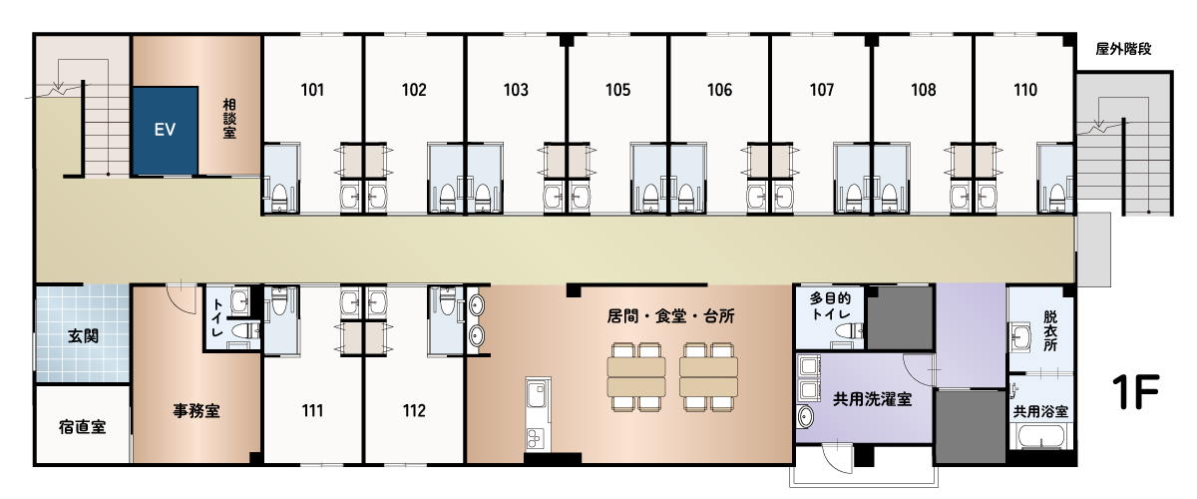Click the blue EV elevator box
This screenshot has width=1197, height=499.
[x=166, y=131]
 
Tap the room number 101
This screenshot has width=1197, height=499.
[x=312, y=90]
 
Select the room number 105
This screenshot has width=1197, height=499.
[x=617, y=90]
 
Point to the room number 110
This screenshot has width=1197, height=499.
[x=1025, y=90]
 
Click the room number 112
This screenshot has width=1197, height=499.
[x=414, y=411]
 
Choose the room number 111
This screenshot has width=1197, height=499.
[x=312, y=411]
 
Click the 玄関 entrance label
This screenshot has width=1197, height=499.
[x=83, y=336]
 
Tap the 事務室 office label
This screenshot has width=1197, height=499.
[x=197, y=411]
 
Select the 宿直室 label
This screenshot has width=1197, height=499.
[x=82, y=427]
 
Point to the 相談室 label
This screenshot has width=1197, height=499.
[x=229, y=118]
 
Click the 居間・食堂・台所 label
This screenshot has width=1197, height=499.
[x=670, y=316]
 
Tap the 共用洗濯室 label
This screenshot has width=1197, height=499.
[x=872, y=399]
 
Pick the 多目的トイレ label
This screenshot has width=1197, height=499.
[x=830, y=305]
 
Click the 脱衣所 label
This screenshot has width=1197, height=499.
[x=1050, y=331]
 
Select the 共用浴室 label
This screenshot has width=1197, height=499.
[x=1040, y=411]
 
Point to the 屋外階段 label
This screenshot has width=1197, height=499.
[x=1123, y=49]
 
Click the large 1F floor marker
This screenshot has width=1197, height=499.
[x=1135, y=392]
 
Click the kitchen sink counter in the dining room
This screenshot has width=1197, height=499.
[x=538, y=414]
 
